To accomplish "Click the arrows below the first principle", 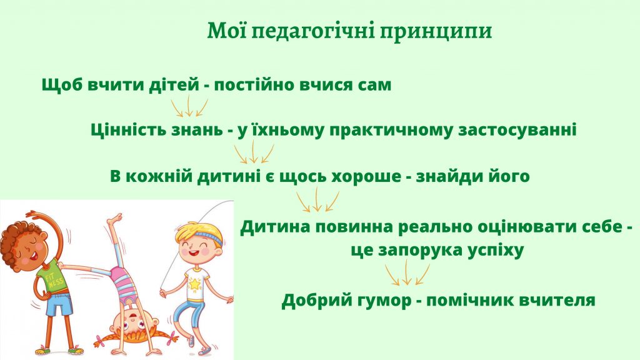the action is click(x=189, y=106).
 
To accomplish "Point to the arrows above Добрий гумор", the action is click(x=407, y=272).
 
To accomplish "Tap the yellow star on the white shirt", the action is click(x=196, y=284).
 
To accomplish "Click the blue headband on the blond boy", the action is click(x=206, y=236).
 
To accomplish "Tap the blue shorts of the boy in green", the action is click(x=59, y=303).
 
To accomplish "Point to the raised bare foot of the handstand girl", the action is click(x=115, y=219).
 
